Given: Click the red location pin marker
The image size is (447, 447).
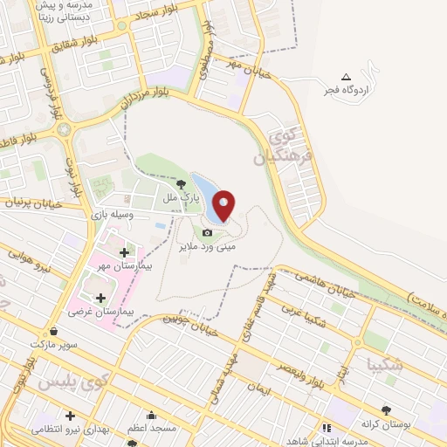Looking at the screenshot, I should pos(224,206).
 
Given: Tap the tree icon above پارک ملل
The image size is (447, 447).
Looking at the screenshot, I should pos(181,184).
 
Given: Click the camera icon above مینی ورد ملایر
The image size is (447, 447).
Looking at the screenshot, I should pos(207,232).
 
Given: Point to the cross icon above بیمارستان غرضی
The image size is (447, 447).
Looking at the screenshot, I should pos(101,298).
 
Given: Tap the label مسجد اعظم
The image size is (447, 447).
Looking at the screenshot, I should pos(152,428).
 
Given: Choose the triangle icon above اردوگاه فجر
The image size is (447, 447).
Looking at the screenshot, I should pos(346,77).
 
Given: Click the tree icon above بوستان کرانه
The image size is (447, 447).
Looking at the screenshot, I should pos(385,409).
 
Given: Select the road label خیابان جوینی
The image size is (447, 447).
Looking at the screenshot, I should pos(189,326).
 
